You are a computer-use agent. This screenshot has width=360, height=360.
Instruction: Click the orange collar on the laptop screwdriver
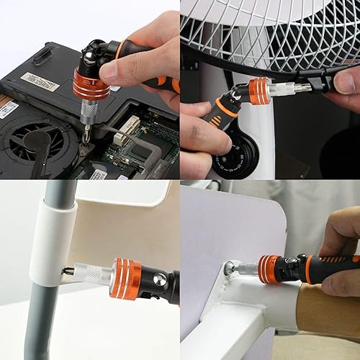(90, 85)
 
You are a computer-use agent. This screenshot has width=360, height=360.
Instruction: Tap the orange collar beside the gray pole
(126, 276)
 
